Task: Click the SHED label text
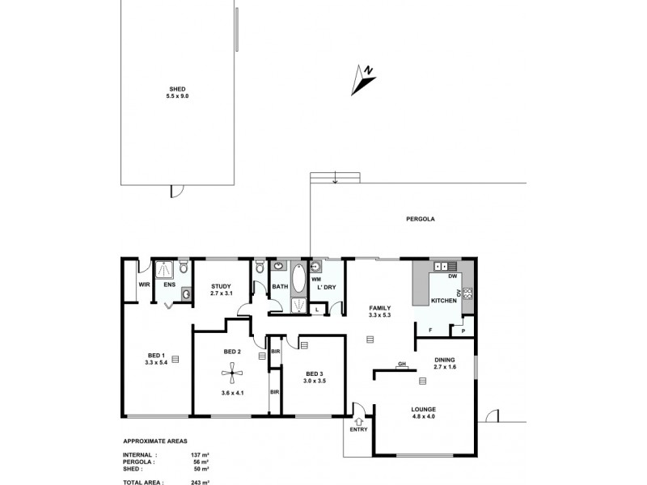pos(178,90)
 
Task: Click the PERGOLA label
pos(421,219)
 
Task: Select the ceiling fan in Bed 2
pos(232,372)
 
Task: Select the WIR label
pos(143,285)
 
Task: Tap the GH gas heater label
pos(401,365)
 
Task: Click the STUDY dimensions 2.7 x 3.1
pos(222,293)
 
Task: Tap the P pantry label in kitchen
pos(463,330)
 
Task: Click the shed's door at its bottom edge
pos(177,190)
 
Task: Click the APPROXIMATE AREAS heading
pos(155,442)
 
